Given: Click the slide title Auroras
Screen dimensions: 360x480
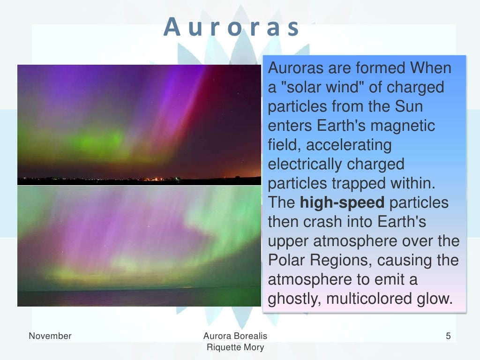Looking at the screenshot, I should pos(232,28).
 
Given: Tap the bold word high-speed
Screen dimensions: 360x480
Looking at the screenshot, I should pos(342,203).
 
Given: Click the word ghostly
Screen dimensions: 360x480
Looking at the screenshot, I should pos(292,299).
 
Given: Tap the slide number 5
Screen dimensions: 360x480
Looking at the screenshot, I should pos(448,336).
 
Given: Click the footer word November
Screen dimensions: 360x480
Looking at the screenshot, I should pos(50,336).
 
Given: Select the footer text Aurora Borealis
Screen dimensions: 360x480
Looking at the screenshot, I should pos(235,336).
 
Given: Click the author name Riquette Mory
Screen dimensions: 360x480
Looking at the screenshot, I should pos(235,347).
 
